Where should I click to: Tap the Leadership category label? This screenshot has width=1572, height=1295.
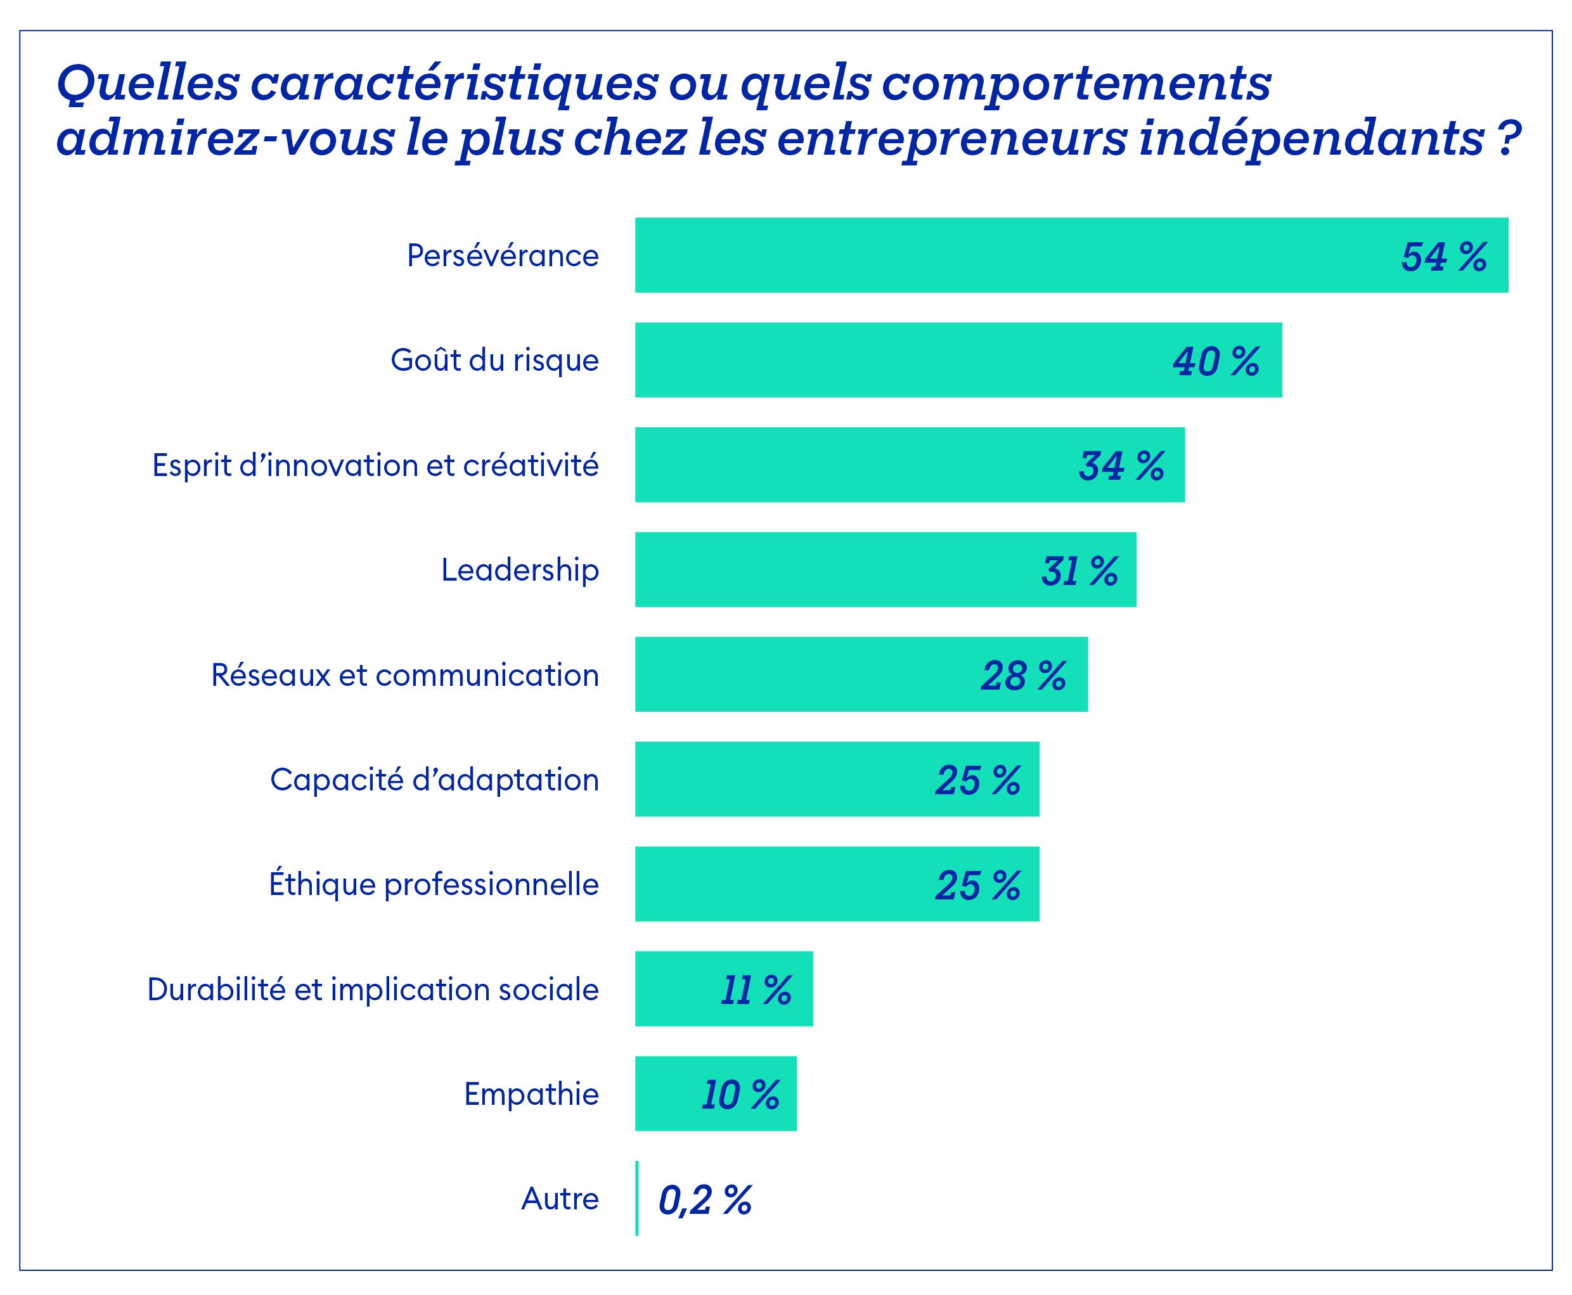tap(520, 570)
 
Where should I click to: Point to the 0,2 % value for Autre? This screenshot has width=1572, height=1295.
tap(705, 1201)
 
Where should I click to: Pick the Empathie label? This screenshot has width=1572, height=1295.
tap(531, 1094)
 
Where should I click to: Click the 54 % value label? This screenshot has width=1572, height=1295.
tap(1444, 257)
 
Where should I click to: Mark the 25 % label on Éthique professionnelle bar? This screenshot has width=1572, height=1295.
tap(977, 886)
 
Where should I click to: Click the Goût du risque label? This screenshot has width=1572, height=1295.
tap(494, 360)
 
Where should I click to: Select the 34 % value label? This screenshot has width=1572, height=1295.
tap(1121, 467)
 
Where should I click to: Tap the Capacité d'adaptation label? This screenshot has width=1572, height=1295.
tap(434, 780)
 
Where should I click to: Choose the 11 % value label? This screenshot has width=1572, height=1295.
tap(756, 991)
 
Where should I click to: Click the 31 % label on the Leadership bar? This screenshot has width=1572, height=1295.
tap(1079, 571)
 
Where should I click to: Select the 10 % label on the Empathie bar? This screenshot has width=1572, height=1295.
tap(740, 1095)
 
